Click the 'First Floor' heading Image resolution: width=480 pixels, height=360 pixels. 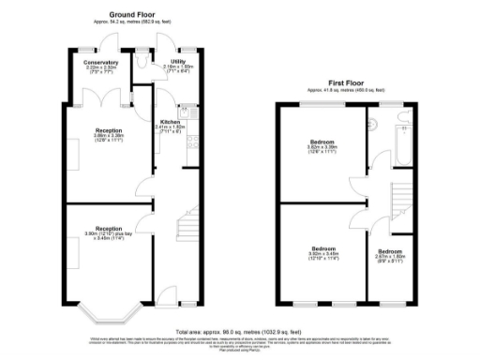[x=346, y=82]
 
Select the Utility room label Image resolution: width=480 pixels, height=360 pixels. [x=178, y=62]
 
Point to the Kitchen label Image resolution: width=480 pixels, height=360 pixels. [x=170, y=122]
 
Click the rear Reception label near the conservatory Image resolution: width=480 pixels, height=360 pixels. [x=108, y=130]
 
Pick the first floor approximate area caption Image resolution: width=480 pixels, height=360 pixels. [x=346, y=89]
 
